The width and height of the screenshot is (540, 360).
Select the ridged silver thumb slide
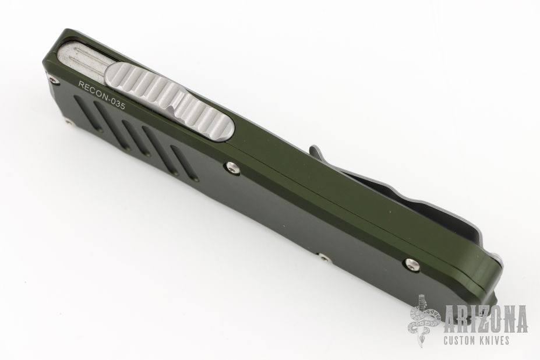tap(171, 101)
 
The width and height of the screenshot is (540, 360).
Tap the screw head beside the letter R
tap(53, 80)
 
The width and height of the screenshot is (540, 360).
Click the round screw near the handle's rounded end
tap(411, 263)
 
